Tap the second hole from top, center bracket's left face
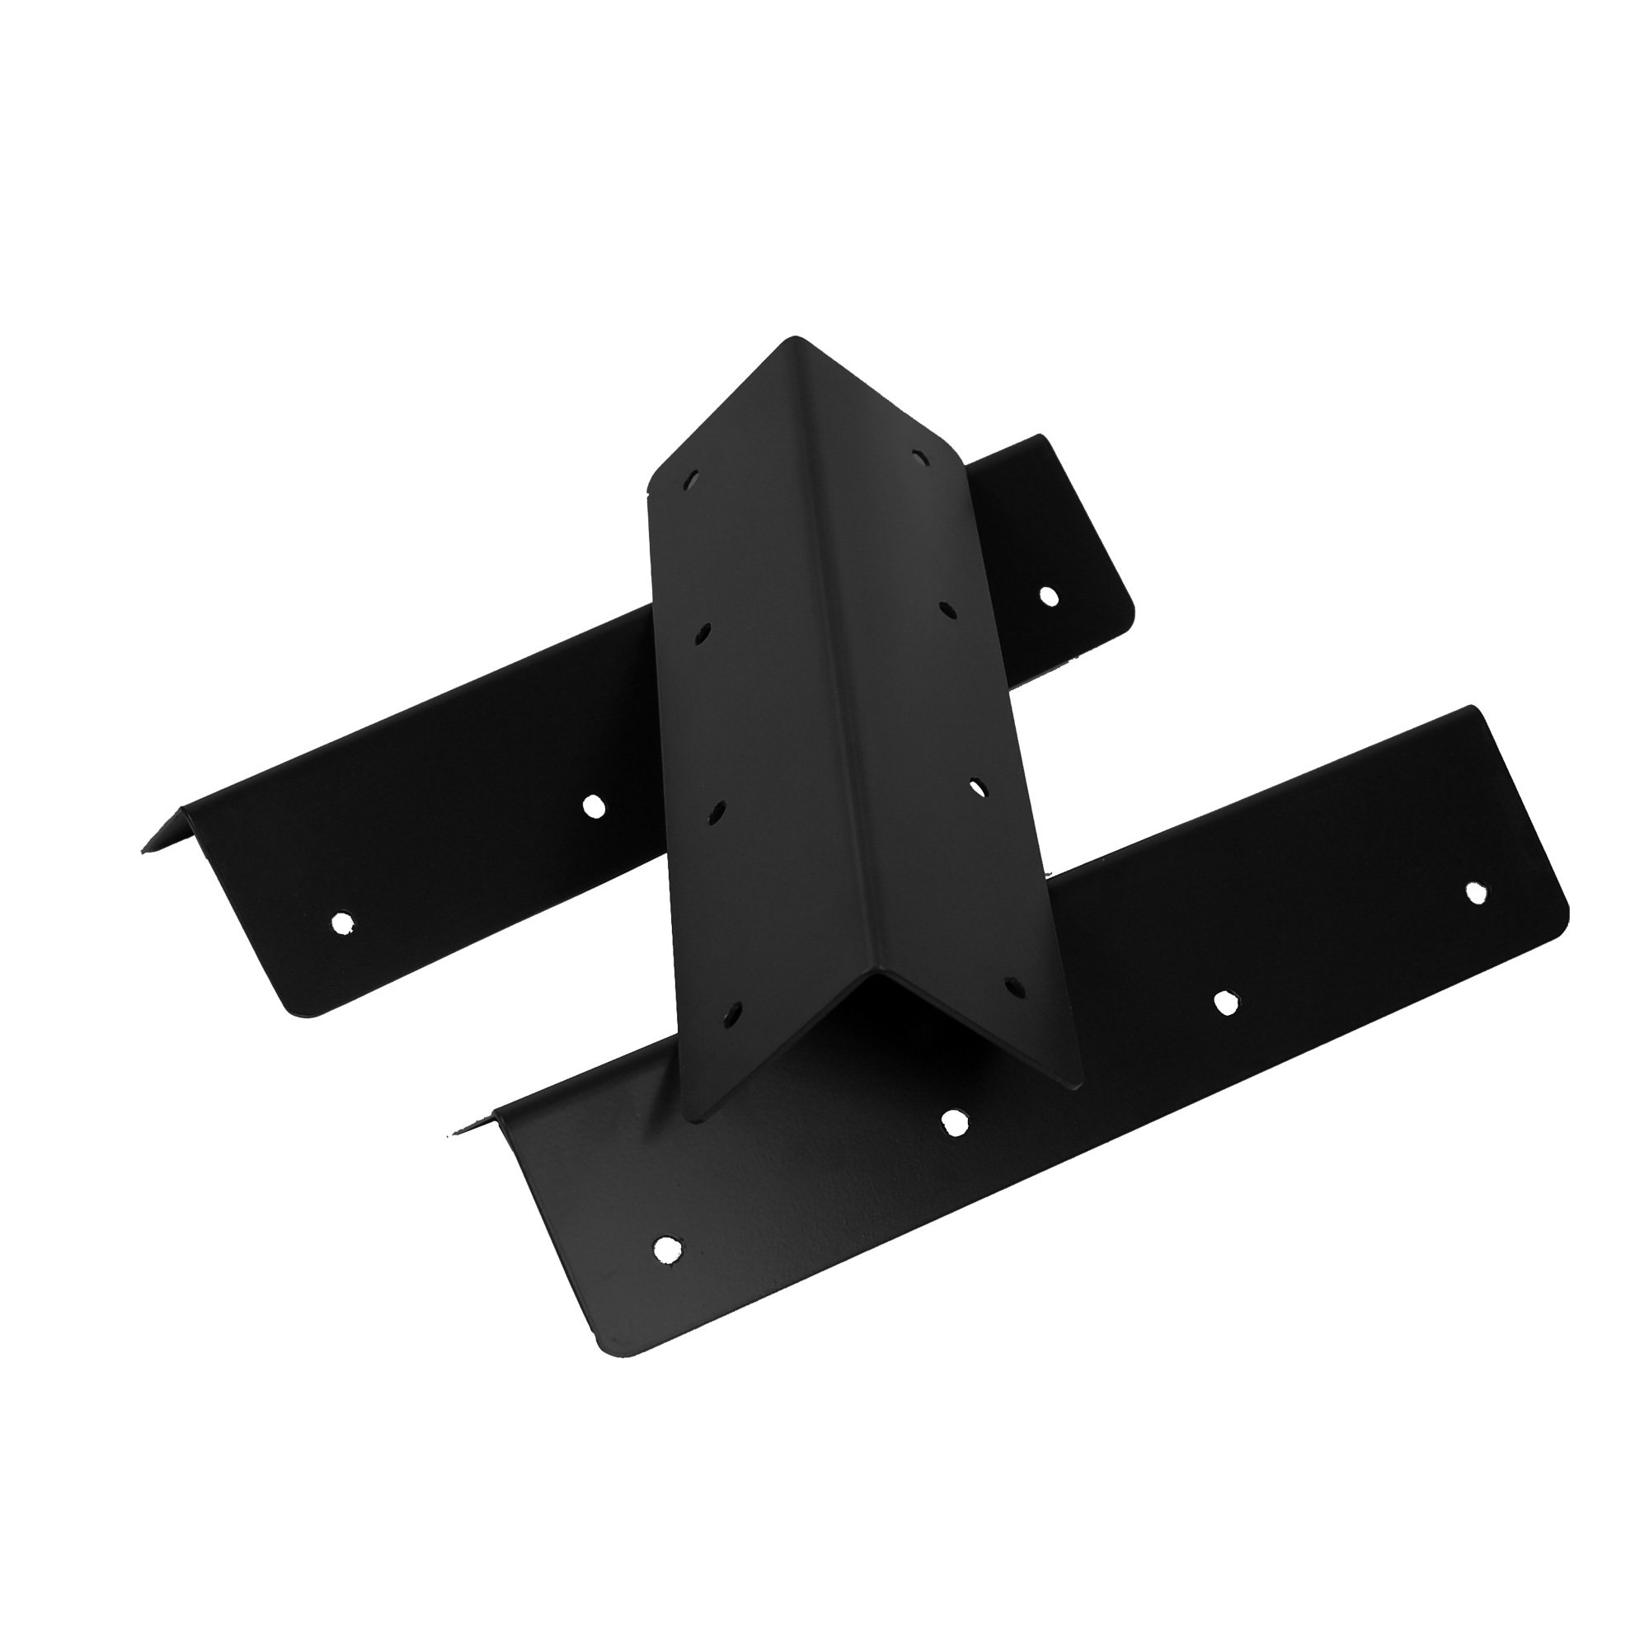coord(702,633)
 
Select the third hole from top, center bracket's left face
coord(715,811)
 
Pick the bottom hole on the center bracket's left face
coord(732,1013)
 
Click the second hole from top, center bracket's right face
coord(946,608)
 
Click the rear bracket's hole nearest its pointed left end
coord(341,922)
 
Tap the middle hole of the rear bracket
coord(591,804)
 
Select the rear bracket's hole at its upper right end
coord(1048,595)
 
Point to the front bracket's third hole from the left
coord(1226,1003)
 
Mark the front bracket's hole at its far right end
coord(1474,891)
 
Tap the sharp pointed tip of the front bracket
coord(451,1133)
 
